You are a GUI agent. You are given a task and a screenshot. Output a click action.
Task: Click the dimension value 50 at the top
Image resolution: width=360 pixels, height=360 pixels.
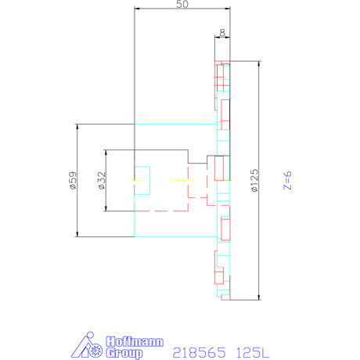click(182, 4)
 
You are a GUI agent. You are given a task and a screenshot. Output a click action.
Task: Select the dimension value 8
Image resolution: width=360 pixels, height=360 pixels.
click(223, 33)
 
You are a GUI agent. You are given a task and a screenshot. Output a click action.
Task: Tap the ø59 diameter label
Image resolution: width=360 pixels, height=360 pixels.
click(72, 181)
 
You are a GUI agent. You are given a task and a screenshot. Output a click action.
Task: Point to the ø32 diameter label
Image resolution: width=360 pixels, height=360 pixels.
click(101, 181)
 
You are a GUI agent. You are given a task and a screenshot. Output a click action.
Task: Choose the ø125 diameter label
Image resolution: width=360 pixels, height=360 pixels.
click(254, 181)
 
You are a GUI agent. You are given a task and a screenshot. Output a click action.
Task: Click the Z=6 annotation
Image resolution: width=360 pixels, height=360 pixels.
click(287, 181)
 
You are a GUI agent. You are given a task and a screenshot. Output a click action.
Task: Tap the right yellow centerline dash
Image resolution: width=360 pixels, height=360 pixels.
click(180, 181)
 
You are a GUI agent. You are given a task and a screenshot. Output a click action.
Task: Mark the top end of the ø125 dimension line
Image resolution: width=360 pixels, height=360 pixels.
click(257, 62)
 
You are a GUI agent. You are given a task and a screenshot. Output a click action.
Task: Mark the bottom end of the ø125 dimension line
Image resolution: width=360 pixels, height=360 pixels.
click(257, 299)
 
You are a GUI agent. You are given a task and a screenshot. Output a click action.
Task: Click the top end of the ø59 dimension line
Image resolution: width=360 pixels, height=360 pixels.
click(77, 124)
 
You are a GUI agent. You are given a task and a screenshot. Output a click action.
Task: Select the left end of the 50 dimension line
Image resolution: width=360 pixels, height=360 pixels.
click(135, 9)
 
